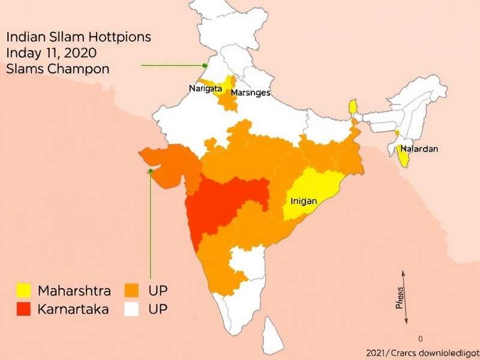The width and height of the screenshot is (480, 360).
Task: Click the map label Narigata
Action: click(x=206, y=89)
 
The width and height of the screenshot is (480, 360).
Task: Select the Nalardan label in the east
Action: click(x=419, y=148)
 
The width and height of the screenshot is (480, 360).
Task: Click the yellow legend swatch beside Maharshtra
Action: click(x=23, y=291)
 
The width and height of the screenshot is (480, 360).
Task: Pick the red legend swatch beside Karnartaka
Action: click(x=23, y=310)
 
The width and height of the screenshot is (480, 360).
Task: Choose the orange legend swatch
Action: click(x=132, y=291)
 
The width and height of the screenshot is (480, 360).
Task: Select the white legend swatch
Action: click(x=132, y=310)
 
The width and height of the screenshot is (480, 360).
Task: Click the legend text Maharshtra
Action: click(x=74, y=291)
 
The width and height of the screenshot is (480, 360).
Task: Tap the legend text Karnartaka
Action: click(x=73, y=310)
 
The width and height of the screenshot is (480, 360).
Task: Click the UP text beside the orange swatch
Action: click(x=157, y=291)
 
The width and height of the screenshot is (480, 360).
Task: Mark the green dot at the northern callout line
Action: click(x=205, y=65)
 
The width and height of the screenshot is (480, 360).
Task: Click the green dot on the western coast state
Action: click(x=151, y=171)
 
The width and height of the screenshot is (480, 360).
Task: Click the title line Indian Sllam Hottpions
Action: click(x=79, y=37)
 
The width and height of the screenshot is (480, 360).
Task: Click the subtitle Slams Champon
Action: click(x=58, y=68)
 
